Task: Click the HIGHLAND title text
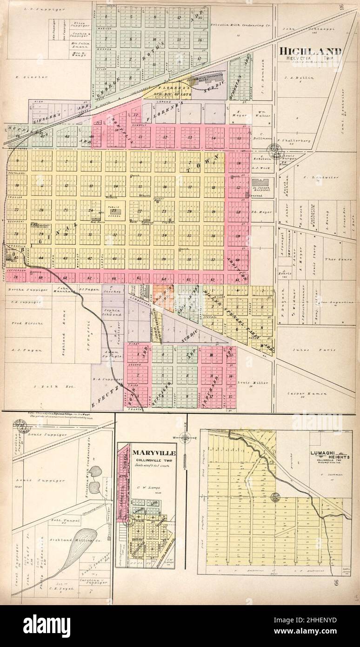tap(311, 51)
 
